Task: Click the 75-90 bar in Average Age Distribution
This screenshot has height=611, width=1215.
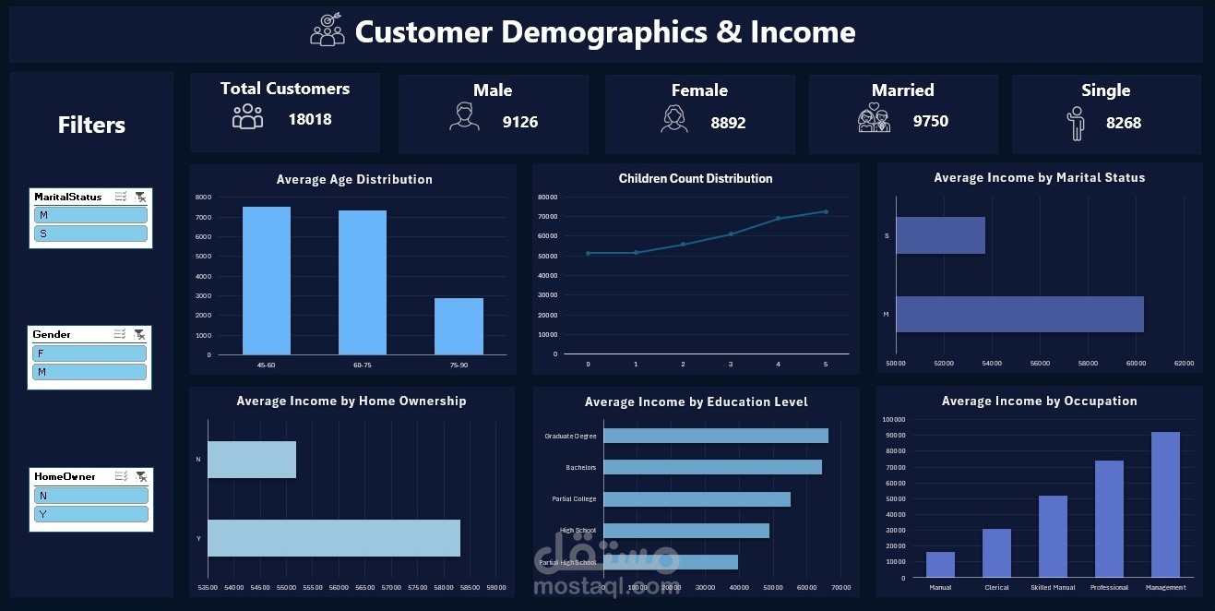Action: (x=459, y=326)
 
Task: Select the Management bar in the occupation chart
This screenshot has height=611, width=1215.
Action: (x=1165, y=504)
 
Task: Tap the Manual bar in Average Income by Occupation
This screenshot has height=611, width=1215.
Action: (x=940, y=564)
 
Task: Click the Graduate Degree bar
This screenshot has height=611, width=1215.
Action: (x=716, y=436)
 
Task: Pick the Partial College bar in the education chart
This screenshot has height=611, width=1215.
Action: (x=697, y=498)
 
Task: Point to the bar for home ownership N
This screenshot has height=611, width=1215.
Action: (x=252, y=460)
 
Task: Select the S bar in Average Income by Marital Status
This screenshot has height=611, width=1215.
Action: (x=940, y=235)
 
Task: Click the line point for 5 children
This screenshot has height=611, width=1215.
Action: (x=826, y=211)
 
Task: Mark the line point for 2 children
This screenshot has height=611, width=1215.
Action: (x=683, y=244)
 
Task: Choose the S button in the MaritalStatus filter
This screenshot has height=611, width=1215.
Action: (x=90, y=234)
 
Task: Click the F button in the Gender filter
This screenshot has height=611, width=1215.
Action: (x=89, y=353)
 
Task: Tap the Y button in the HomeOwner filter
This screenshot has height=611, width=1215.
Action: (x=91, y=514)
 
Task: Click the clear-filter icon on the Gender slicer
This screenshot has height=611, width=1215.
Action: (x=139, y=334)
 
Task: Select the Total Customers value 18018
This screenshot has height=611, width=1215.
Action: (x=310, y=119)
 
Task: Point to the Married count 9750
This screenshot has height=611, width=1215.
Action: (x=930, y=121)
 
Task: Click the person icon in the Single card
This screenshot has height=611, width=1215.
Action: (x=1076, y=123)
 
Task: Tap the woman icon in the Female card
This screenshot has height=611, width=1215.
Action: (x=674, y=119)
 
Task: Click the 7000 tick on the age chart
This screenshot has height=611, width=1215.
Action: (x=203, y=217)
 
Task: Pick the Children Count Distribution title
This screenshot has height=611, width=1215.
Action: (x=696, y=178)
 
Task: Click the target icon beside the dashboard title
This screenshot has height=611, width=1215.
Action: (x=327, y=30)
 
